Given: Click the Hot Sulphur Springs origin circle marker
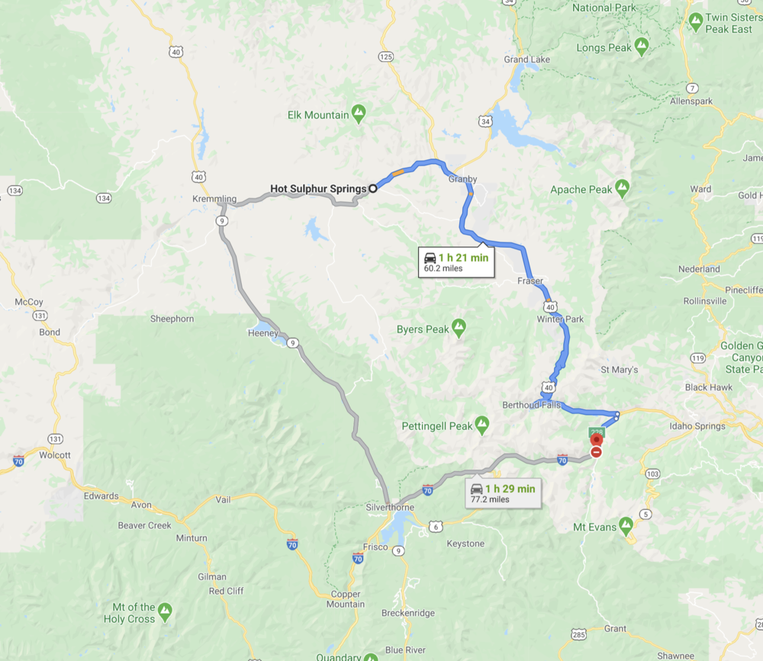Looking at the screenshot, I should [373, 188].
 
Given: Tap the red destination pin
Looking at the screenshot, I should [596, 440].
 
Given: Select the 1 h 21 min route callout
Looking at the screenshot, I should [456, 262].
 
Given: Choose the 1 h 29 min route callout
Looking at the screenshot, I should [504, 493].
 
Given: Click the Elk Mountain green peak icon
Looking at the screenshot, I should [359, 115].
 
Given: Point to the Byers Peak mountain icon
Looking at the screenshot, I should [459, 329].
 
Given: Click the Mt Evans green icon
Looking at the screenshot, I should [626, 526].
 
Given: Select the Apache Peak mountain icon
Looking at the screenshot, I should [623, 188].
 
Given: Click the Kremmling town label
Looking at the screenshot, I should [214, 199].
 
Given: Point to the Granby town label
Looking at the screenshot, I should [462, 179].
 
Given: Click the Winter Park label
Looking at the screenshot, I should [560, 319].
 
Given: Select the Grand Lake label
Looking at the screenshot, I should [527, 59].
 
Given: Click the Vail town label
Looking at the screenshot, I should [223, 499].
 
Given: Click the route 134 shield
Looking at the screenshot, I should [105, 198].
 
